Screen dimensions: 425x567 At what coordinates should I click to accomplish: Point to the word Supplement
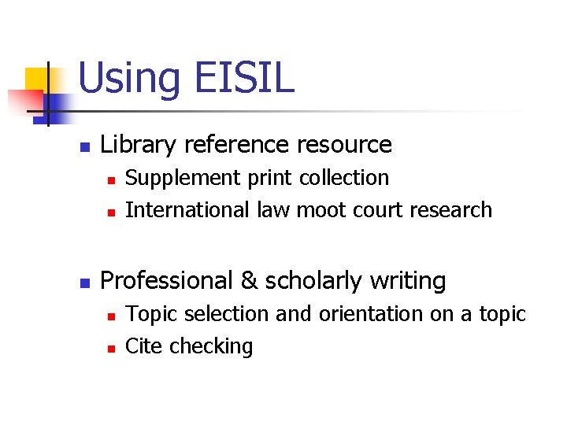pos(184,179)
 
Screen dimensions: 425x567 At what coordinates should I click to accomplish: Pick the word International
pos(189,210)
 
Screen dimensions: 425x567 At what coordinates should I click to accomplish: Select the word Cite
pos(143,346)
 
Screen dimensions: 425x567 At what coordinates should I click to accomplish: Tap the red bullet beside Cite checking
pos(111,348)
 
